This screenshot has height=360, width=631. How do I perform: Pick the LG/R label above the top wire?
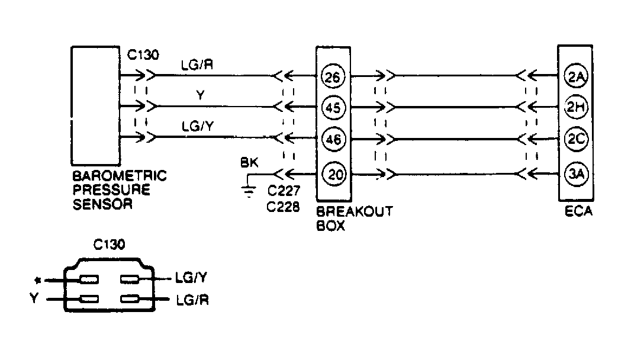pos(198,65)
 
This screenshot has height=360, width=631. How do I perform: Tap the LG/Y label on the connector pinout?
pos(191,277)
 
